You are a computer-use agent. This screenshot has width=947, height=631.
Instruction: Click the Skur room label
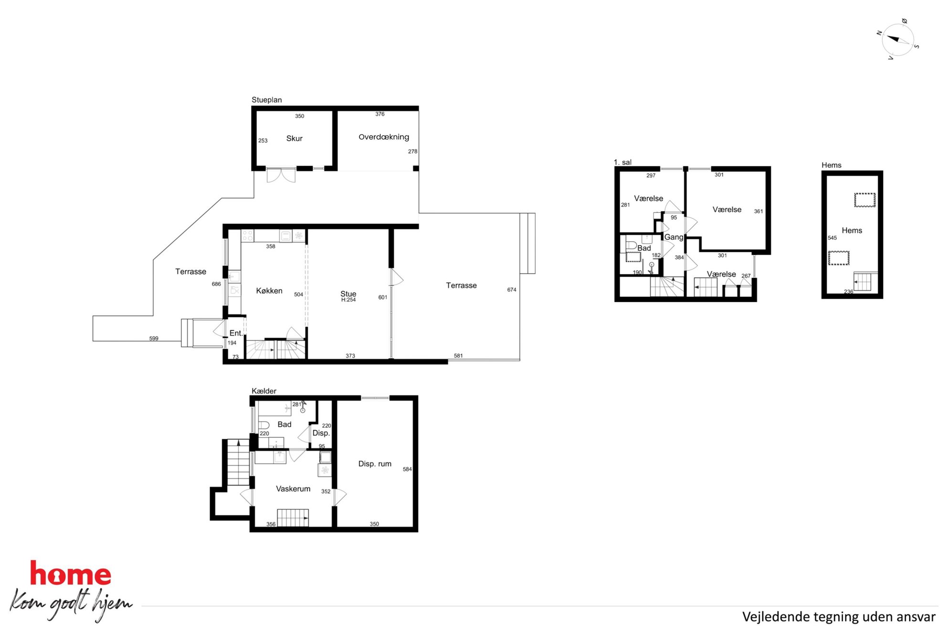coord(294,138)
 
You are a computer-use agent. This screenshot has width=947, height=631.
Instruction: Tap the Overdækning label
coord(384,137)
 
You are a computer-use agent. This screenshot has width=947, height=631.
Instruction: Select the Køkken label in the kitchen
coord(269,290)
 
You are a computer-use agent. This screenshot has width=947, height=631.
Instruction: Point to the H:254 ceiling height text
coord(348,300)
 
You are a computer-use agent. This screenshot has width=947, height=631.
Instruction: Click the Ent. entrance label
coord(236,333)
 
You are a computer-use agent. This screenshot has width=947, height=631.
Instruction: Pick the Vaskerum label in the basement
coord(293,488)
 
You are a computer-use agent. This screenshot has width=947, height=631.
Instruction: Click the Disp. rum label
coord(375,464)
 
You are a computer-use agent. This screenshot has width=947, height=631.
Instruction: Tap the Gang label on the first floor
coord(673,237)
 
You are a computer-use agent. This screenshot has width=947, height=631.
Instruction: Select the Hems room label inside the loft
coord(852,230)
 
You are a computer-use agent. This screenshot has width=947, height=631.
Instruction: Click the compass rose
coord(898,40)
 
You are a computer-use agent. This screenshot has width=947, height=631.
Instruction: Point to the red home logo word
coord(71,573)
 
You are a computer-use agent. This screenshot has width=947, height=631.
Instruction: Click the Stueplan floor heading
coord(267,100)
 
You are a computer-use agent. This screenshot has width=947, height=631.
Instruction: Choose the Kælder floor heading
coord(264,391)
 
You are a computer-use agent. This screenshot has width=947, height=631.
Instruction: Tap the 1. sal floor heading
coord(622,162)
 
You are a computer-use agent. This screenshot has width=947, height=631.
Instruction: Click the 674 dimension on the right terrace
coord(512,290)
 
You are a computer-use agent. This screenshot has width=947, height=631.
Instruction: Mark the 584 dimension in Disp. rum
coord(407,469)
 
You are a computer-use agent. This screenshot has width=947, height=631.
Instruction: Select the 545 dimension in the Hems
coord(832,238)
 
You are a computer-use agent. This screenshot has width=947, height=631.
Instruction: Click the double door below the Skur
coord(281,175)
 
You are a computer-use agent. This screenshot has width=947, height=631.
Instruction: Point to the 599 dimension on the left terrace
coord(154,339)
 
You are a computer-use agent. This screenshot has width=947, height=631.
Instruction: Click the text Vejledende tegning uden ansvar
coord(839,617)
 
